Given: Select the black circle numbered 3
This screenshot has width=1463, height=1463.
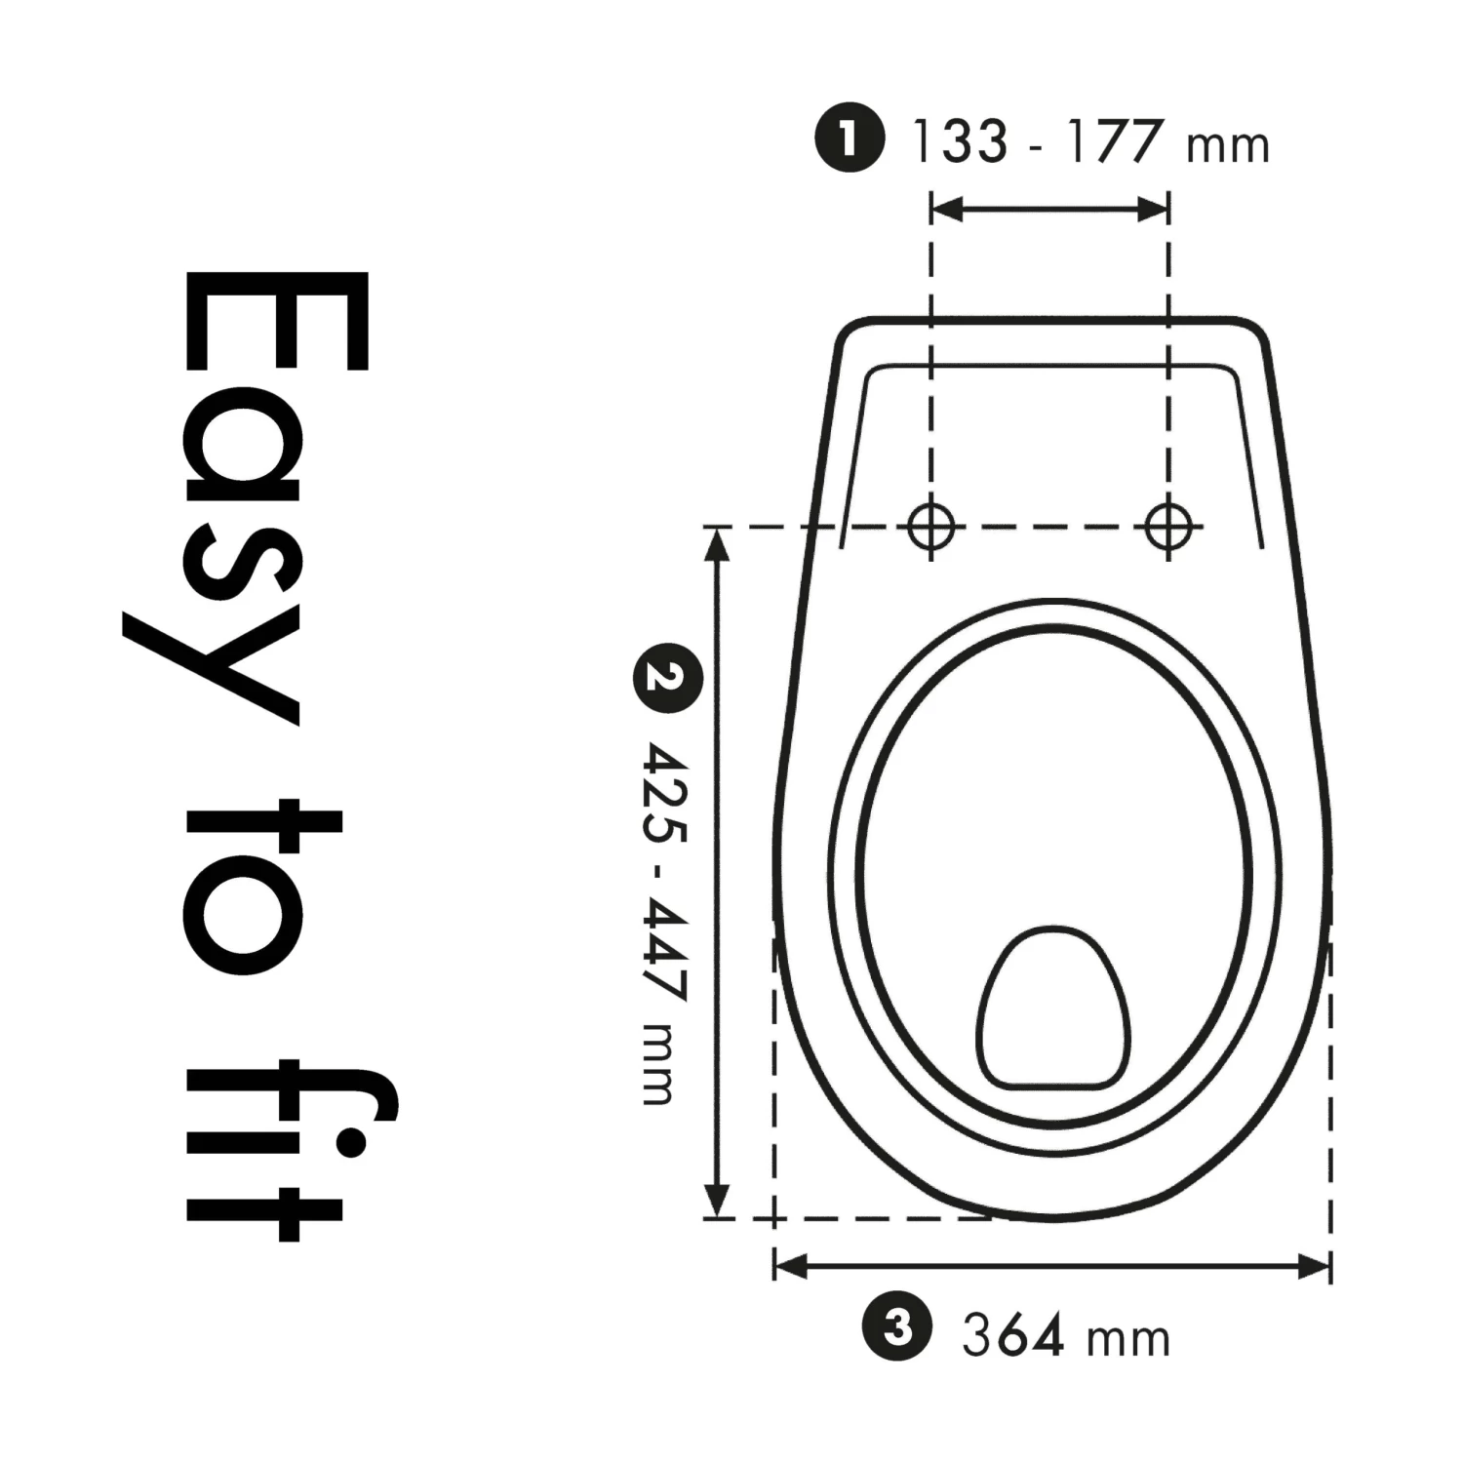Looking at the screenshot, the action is tap(897, 1327).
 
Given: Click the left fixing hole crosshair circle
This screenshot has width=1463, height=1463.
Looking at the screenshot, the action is tap(931, 527).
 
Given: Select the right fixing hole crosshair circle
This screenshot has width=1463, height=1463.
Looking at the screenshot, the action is tap(1168, 527).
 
